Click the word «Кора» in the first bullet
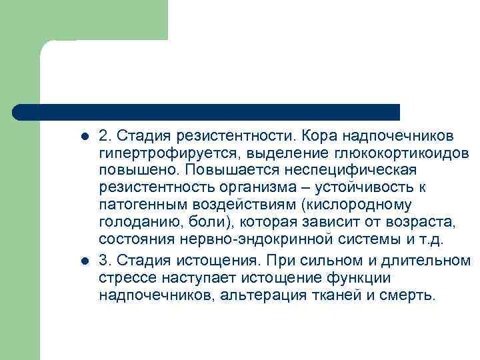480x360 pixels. [x=317, y=136]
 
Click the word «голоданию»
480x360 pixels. [x=133, y=223]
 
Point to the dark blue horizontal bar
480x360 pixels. [x=207, y=112]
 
